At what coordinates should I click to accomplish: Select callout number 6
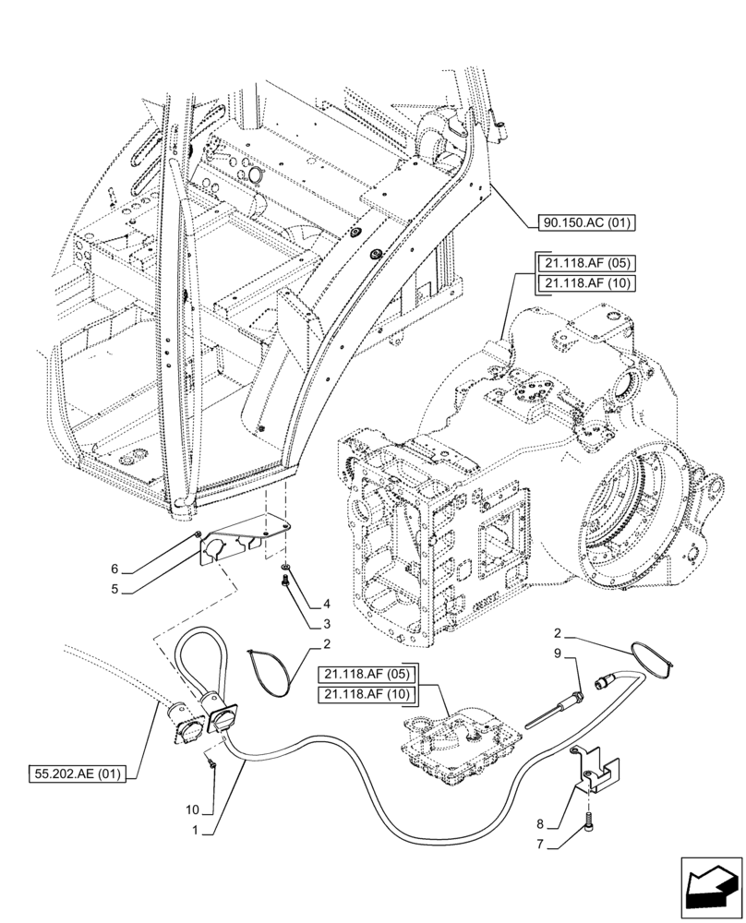(114, 569)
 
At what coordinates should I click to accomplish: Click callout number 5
(114, 588)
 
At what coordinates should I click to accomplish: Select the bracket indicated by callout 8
(597, 773)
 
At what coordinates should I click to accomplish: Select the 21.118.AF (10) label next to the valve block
(367, 693)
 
